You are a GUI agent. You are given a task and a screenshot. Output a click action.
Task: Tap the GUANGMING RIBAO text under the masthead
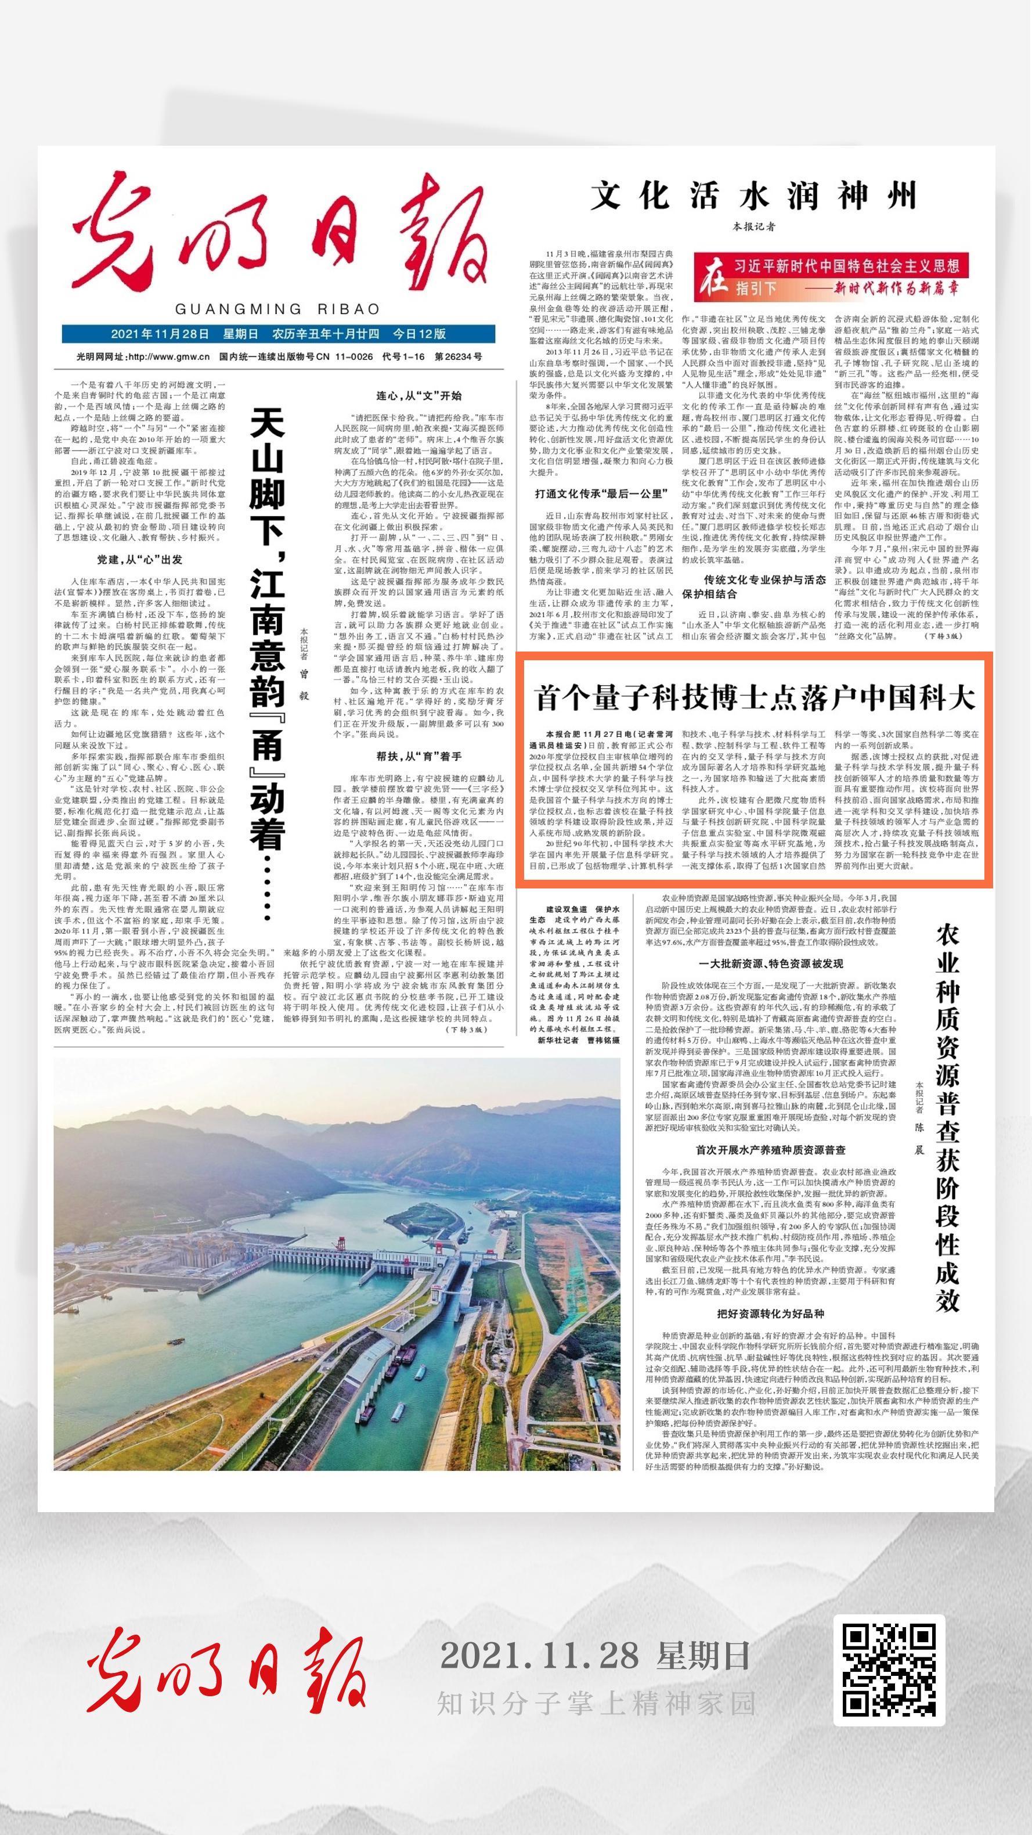tap(278, 309)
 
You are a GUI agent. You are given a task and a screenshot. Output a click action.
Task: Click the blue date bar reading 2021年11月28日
tap(279, 334)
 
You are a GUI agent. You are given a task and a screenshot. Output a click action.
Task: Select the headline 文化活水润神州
tap(753, 196)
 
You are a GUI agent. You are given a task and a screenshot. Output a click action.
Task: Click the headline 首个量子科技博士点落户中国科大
tap(754, 698)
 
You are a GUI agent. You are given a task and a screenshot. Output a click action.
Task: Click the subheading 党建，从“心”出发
tap(140, 559)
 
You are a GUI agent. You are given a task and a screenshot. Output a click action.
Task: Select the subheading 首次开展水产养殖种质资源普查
tap(771, 1150)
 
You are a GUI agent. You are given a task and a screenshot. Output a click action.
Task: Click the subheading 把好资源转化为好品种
tap(771, 1314)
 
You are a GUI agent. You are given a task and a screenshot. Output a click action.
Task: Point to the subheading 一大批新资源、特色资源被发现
tap(771, 964)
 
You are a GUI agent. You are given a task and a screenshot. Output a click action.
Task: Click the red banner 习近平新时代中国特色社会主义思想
tap(847, 267)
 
